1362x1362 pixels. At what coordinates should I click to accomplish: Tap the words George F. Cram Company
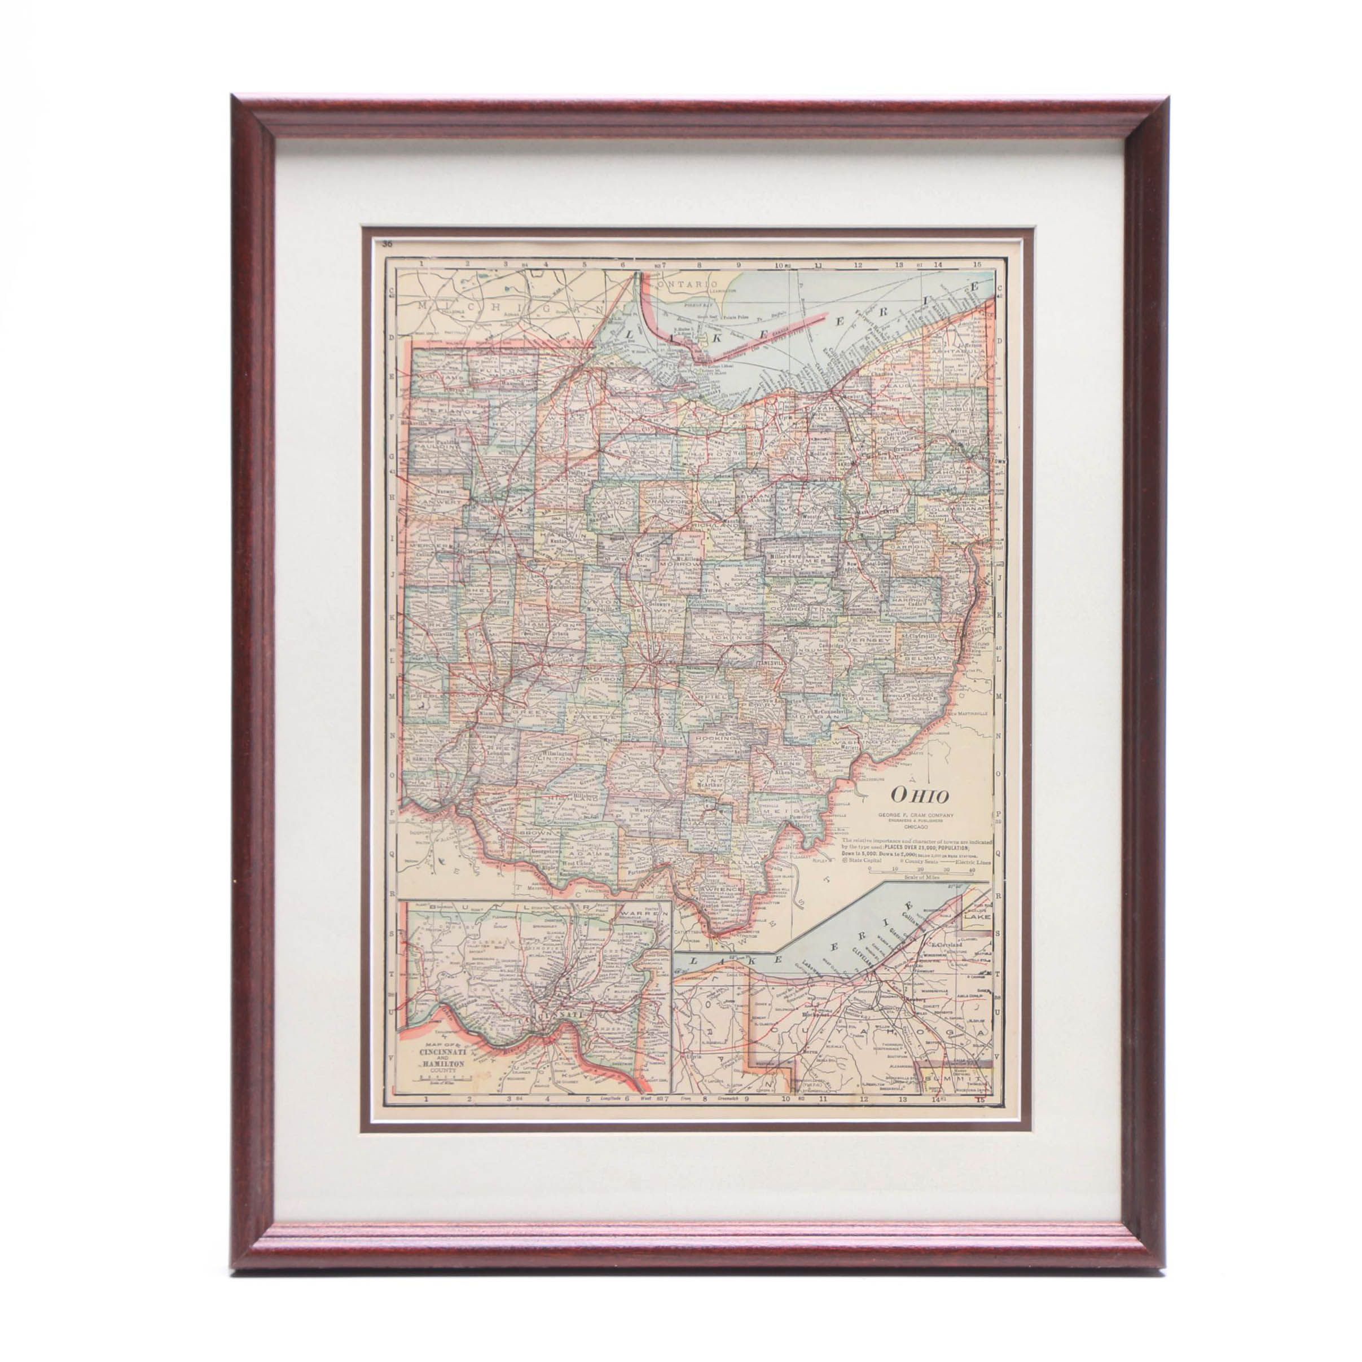click(x=915, y=816)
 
